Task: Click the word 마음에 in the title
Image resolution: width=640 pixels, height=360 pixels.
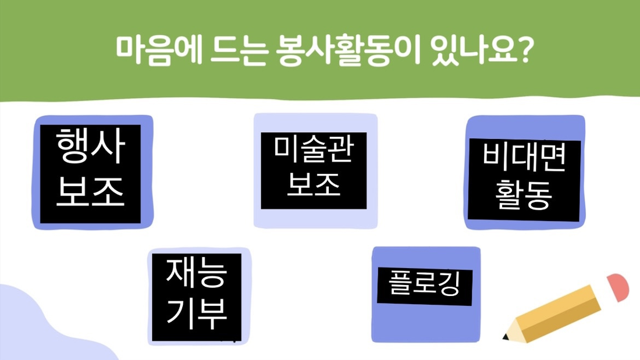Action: [159, 51]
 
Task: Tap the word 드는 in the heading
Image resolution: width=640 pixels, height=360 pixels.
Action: [239, 51]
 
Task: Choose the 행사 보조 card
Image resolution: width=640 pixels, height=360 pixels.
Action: [93, 172]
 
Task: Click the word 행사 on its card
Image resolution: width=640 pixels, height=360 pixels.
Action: [90, 146]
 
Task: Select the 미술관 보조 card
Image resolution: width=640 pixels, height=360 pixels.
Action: [315, 170]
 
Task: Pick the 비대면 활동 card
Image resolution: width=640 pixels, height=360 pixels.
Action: [525, 172]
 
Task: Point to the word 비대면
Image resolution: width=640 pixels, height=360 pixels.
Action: [524, 157]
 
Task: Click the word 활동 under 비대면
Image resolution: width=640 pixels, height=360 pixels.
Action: [523, 194]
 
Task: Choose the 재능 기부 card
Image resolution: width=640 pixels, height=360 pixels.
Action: [199, 297]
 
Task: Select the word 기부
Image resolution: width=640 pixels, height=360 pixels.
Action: [196, 313]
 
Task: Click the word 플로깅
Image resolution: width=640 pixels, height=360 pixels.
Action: [425, 283]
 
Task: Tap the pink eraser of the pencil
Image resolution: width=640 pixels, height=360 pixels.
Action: [617, 287]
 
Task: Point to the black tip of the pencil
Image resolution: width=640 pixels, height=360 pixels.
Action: [506, 337]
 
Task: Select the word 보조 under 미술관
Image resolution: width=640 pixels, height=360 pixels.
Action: [314, 185]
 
